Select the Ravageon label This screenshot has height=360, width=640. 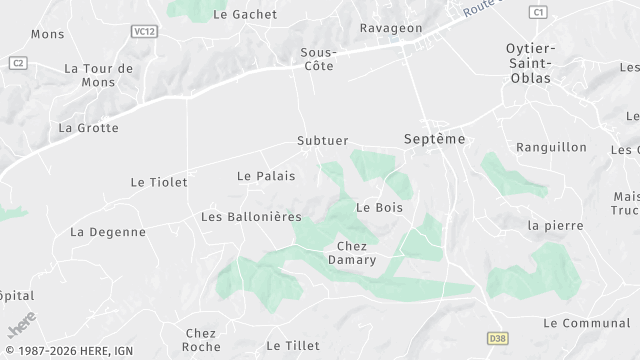(391, 29)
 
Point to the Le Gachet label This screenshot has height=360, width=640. (246, 14)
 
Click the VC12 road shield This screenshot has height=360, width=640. (144, 32)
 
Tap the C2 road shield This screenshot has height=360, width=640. (17, 62)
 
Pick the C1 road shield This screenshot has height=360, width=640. (539, 12)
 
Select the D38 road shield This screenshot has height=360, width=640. (499, 339)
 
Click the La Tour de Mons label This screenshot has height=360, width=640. (98, 75)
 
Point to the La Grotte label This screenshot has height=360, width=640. (88, 128)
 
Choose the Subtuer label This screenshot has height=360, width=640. (323, 141)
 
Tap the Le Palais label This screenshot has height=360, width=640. (266, 176)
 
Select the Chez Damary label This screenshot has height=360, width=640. (352, 253)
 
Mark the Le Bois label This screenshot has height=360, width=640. (379, 207)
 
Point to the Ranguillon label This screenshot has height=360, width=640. (551, 147)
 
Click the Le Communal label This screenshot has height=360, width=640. (586, 323)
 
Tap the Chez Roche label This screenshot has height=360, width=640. (202, 339)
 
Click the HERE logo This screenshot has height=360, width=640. (20, 327)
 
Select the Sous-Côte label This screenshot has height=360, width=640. (318, 58)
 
